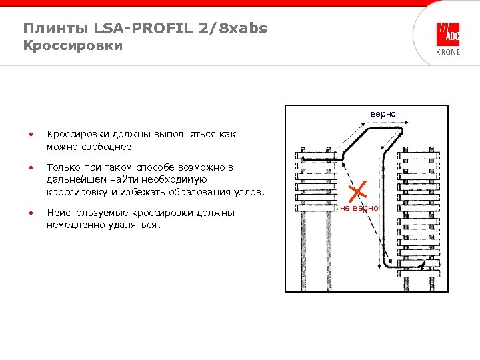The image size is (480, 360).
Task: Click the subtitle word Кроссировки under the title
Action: pos(73,46)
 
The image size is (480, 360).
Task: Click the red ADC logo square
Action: pos(447,34)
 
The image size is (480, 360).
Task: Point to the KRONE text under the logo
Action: pos(447,53)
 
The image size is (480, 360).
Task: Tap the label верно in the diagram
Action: pos(383,114)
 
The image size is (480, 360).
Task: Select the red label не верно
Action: pos(359,208)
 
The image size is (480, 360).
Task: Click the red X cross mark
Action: pos(359,191)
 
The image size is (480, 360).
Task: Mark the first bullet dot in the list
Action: pos(30,135)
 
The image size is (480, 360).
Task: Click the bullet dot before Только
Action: pos(30,167)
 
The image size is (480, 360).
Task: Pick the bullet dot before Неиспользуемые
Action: pos(30,213)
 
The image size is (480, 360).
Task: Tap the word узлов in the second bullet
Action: pos(249,192)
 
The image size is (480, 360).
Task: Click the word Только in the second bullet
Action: pos(63,167)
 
